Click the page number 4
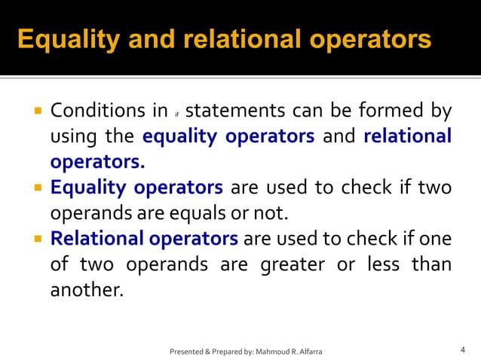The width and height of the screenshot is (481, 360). (x=462, y=349)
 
